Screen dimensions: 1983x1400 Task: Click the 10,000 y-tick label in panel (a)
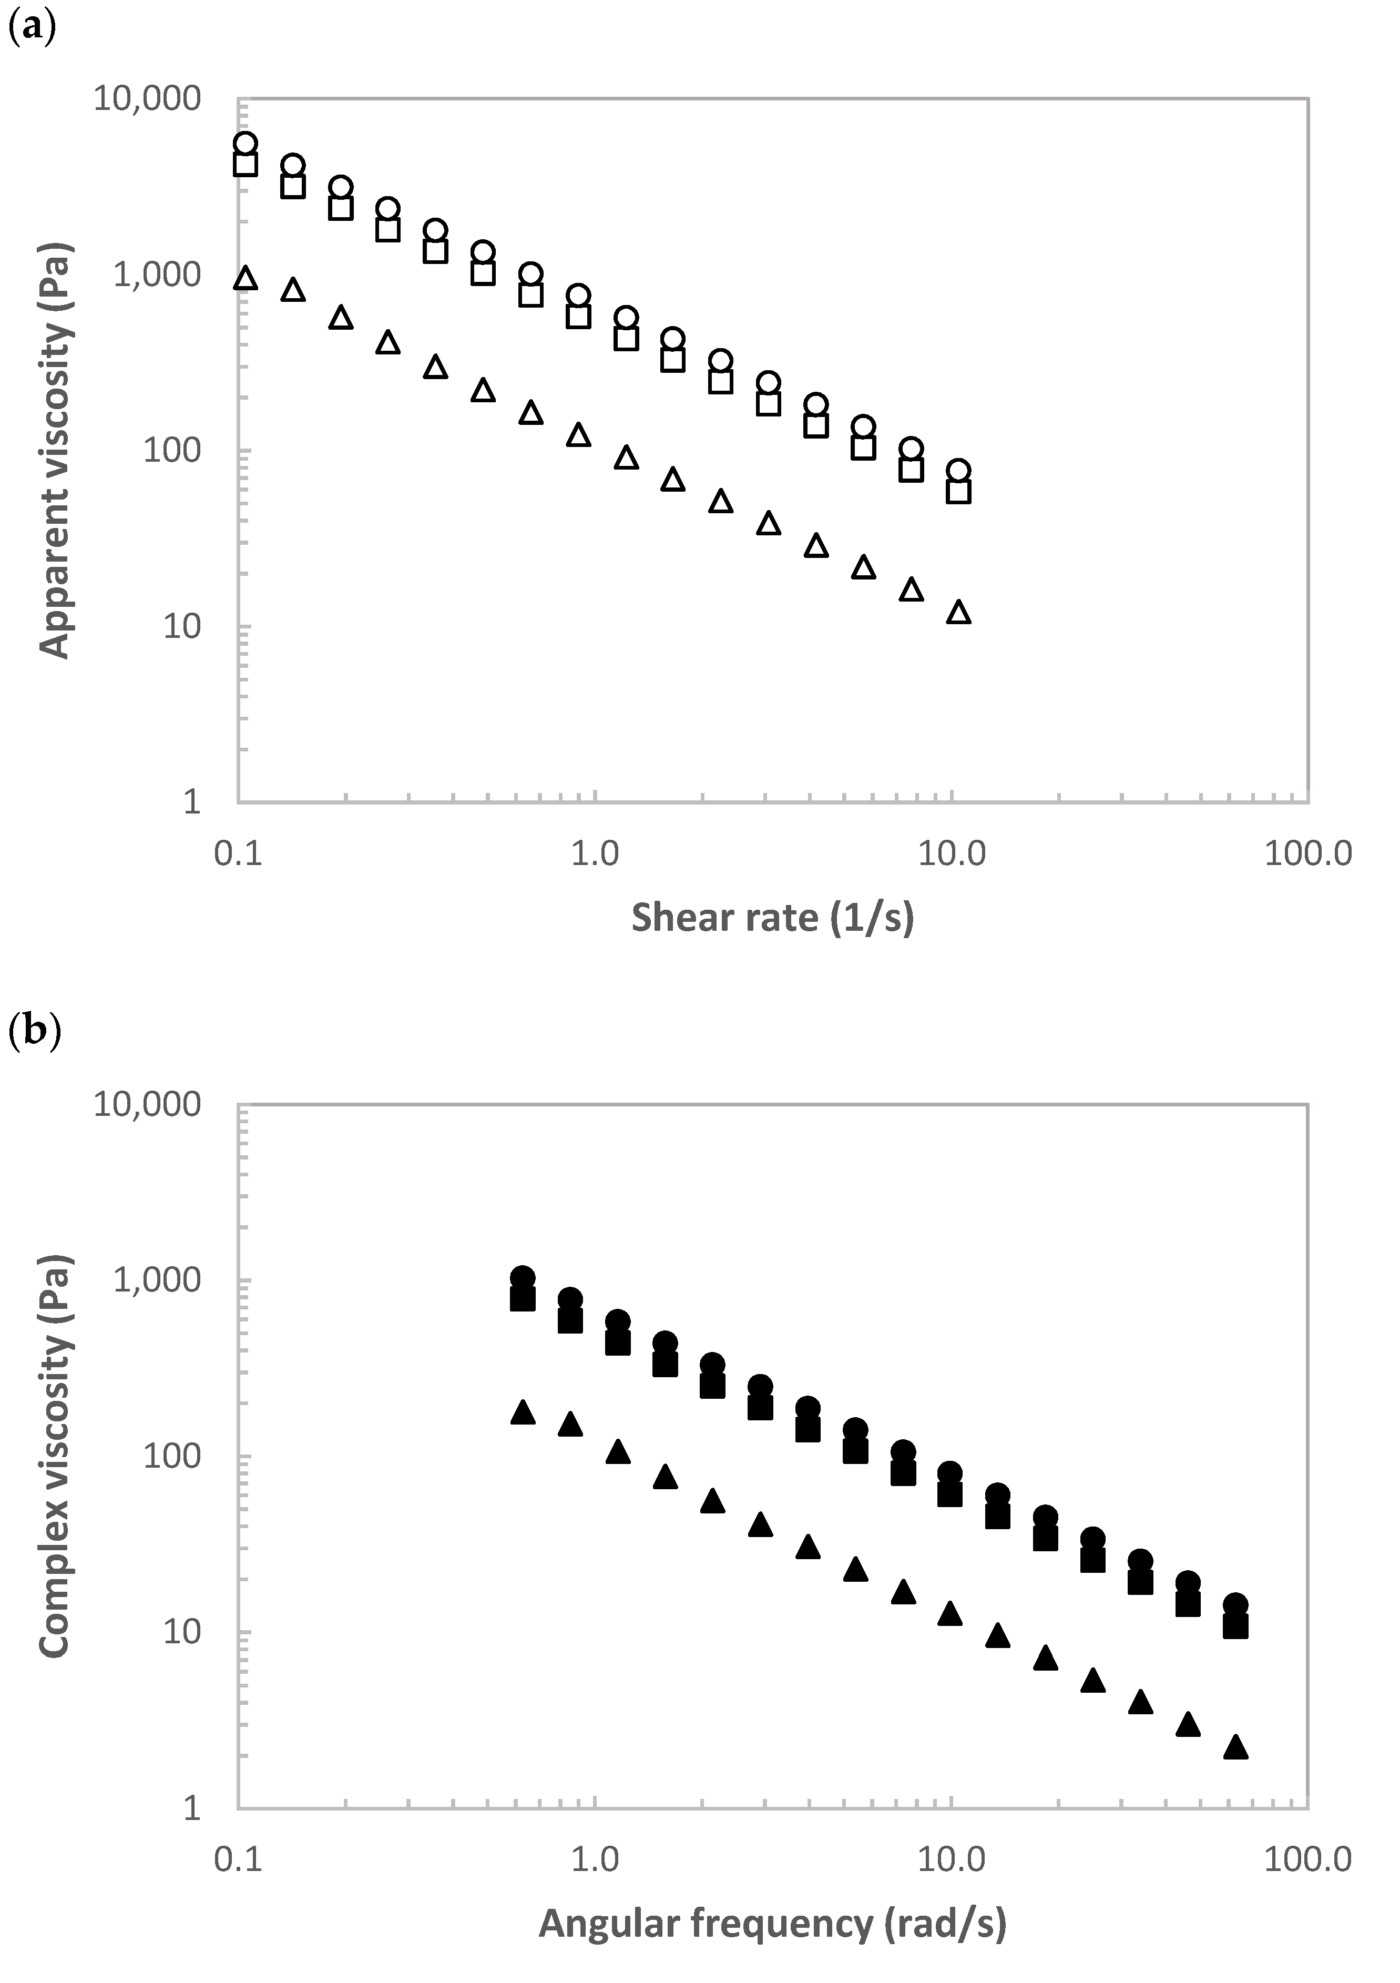[x=147, y=98]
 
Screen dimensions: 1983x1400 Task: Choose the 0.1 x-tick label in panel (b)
[x=238, y=1858]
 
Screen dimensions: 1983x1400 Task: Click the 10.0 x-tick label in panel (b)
[x=952, y=1858]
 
